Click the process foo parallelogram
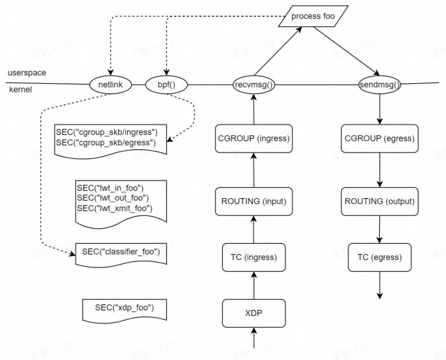[313, 17]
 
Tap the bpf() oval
[166, 84]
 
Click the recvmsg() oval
[253, 84]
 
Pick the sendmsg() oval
[379, 84]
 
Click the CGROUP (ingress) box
[253, 138]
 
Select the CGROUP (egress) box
[379, 138]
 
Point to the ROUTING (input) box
[253, 201]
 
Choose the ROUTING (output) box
[379, 201]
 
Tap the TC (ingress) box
[253, 257]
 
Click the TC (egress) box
[379, 257]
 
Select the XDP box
[253, 313]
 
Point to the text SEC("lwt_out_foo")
[112, 197]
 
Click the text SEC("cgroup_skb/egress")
[105, 142]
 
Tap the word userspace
[26, 72]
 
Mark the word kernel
[21, 90]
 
